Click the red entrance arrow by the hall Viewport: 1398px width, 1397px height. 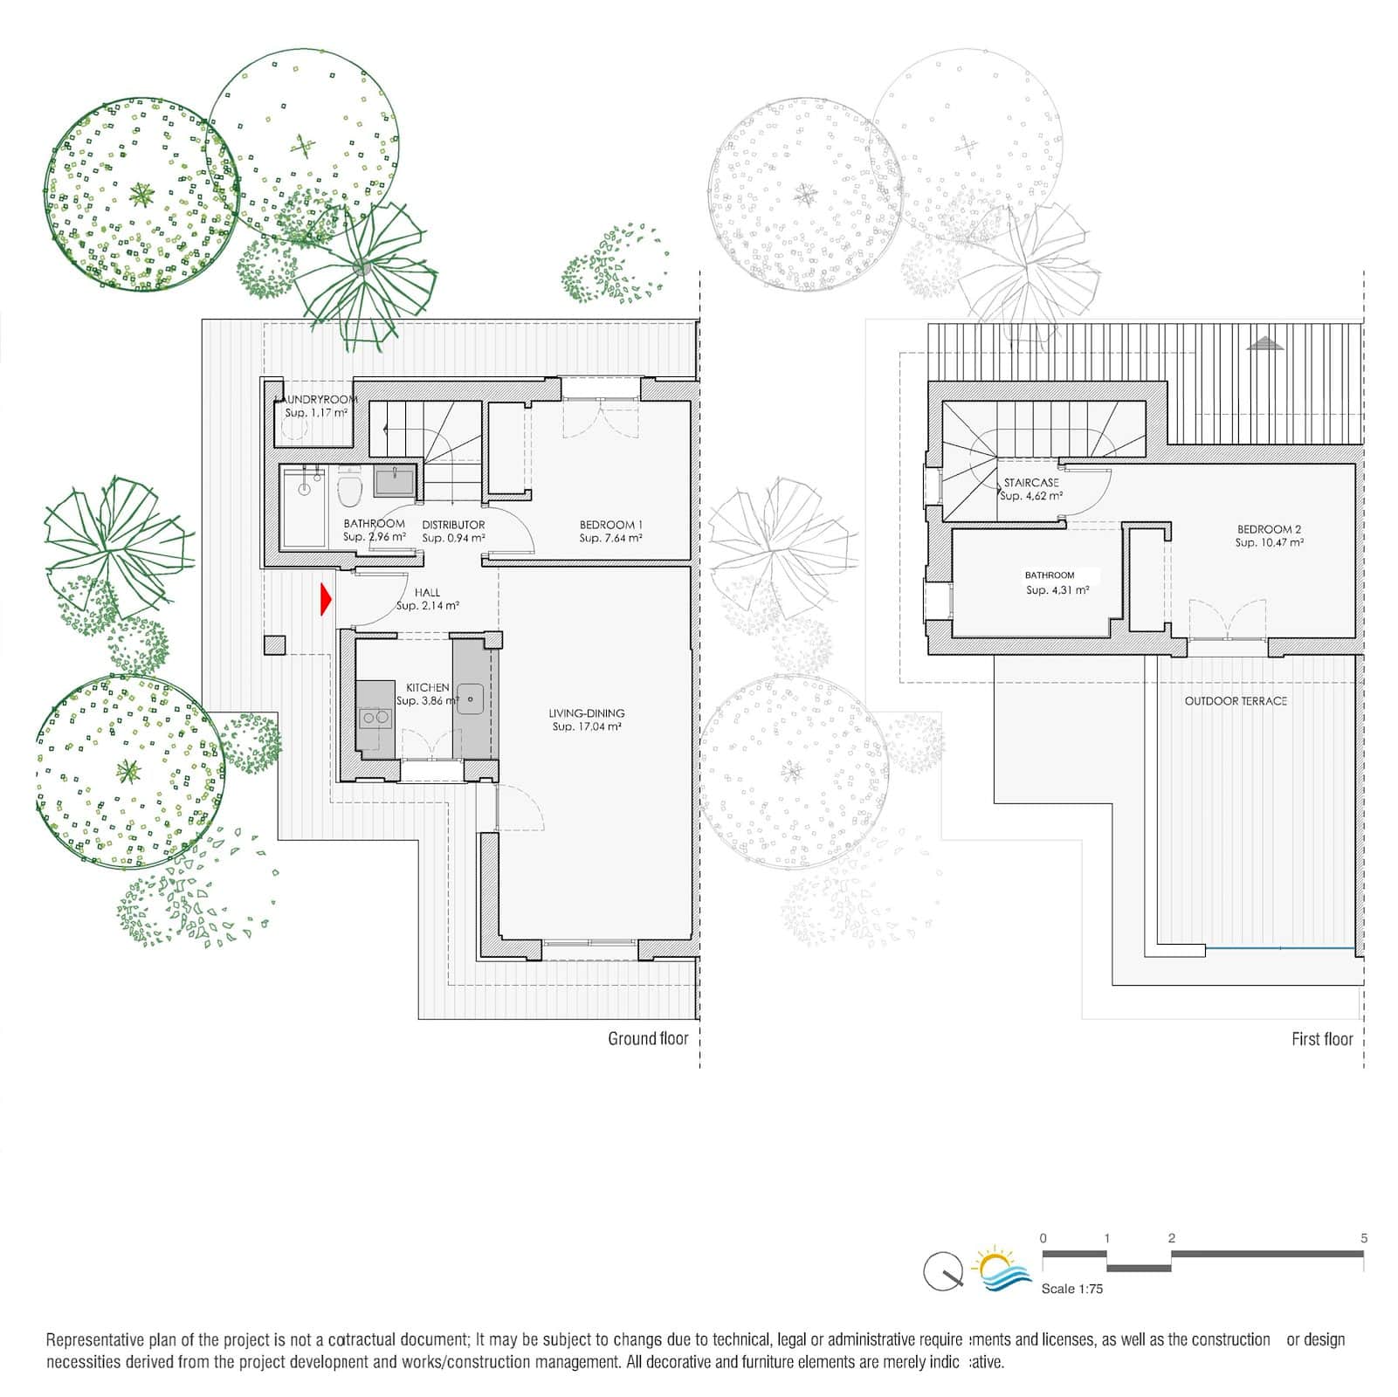326,599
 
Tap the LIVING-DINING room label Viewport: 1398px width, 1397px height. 587,713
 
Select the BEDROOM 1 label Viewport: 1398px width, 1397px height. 611,525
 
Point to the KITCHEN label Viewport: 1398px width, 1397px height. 428,688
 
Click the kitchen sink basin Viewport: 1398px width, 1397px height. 471,698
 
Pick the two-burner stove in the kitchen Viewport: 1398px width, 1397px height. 375,718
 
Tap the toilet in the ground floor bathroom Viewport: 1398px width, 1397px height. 349,490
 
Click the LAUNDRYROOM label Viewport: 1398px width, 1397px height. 316,399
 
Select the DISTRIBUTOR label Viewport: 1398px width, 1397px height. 453,525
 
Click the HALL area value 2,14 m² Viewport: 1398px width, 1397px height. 428,606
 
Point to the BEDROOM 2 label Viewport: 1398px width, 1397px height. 1269,529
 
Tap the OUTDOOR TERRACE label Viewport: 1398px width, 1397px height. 1236,701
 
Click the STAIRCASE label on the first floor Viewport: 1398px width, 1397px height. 1031,483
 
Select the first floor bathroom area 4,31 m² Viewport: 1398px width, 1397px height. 1057,590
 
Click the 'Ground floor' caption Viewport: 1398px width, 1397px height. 648,1039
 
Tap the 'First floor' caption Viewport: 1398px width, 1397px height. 1322,1039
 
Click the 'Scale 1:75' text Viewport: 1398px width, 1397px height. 1072,1289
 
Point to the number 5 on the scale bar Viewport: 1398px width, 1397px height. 1364,1238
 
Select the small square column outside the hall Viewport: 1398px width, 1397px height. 274,645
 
